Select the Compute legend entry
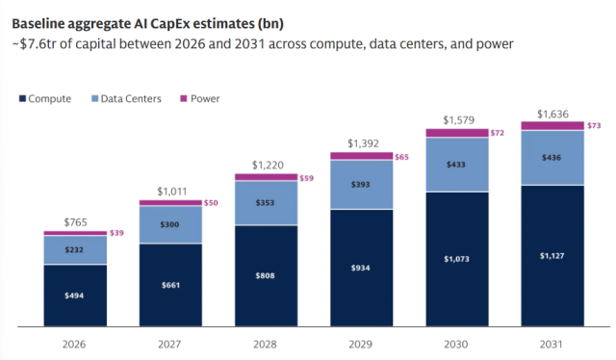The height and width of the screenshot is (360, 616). click(45, 98)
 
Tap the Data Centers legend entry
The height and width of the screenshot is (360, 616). click(126, 98)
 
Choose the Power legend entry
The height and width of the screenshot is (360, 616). click(199, 98)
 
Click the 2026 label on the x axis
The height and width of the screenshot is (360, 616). click(74, 345)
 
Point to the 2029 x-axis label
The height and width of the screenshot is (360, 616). click(360, 345)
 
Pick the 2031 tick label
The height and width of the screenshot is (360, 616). click(552, 345)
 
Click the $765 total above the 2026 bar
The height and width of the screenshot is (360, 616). click(75, 222)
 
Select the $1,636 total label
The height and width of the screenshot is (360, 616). click(552, 115)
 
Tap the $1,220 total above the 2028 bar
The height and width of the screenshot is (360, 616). click(268, 165)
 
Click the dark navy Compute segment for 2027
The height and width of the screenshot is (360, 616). click(170, 285)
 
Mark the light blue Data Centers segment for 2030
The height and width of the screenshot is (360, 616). click(457, 165)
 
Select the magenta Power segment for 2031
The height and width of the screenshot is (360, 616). click(552, 126)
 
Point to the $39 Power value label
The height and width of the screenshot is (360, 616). click(116, 233)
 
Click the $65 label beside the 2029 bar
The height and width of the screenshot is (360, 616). click(402, 157)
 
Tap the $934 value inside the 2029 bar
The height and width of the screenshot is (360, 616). click(361, 268)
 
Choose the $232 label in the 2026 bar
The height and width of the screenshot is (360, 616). click(74, 249)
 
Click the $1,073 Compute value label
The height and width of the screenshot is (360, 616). click(456, 259)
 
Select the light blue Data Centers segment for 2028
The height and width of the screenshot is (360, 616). click(267, 203)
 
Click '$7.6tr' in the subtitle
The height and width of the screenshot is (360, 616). click(38, 44)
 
